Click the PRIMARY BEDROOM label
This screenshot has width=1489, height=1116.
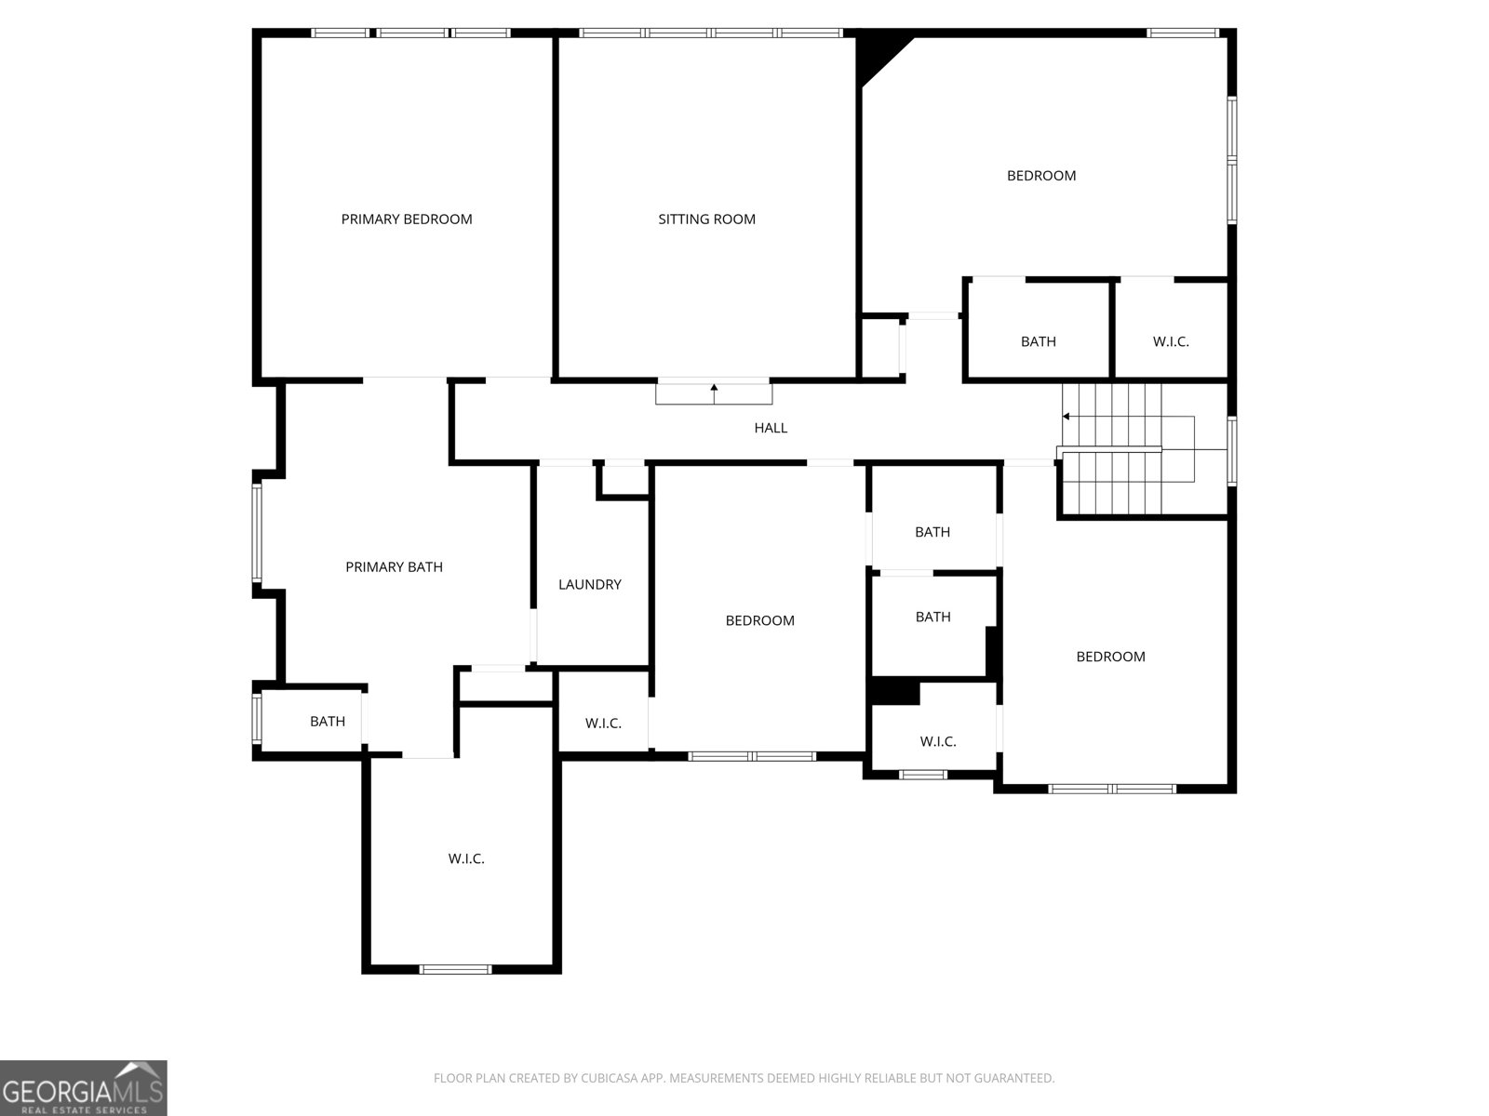[407, 219]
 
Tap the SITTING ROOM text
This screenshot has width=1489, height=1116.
[706, 219]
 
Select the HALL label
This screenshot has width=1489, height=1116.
[771, 428]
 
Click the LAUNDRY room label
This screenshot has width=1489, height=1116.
[589, 584]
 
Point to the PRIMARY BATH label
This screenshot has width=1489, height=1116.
[394, 566]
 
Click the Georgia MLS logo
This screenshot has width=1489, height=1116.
[84, 1088]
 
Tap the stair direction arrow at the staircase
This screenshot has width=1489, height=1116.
[1066, 416]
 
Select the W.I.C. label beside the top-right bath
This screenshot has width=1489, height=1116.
[1171, 341]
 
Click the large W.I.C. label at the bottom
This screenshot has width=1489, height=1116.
[466, 858]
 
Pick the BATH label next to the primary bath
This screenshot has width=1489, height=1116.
[328, 721]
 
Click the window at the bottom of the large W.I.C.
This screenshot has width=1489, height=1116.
[455, 969]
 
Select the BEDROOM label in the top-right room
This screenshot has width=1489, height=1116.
[1041, 176]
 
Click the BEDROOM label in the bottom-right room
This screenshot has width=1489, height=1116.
[1110, 657]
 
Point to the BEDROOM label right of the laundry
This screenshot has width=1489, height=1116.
[759, 620]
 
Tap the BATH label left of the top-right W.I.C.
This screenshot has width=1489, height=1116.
[1038, 341]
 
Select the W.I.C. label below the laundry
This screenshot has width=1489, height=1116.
[603, 723]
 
